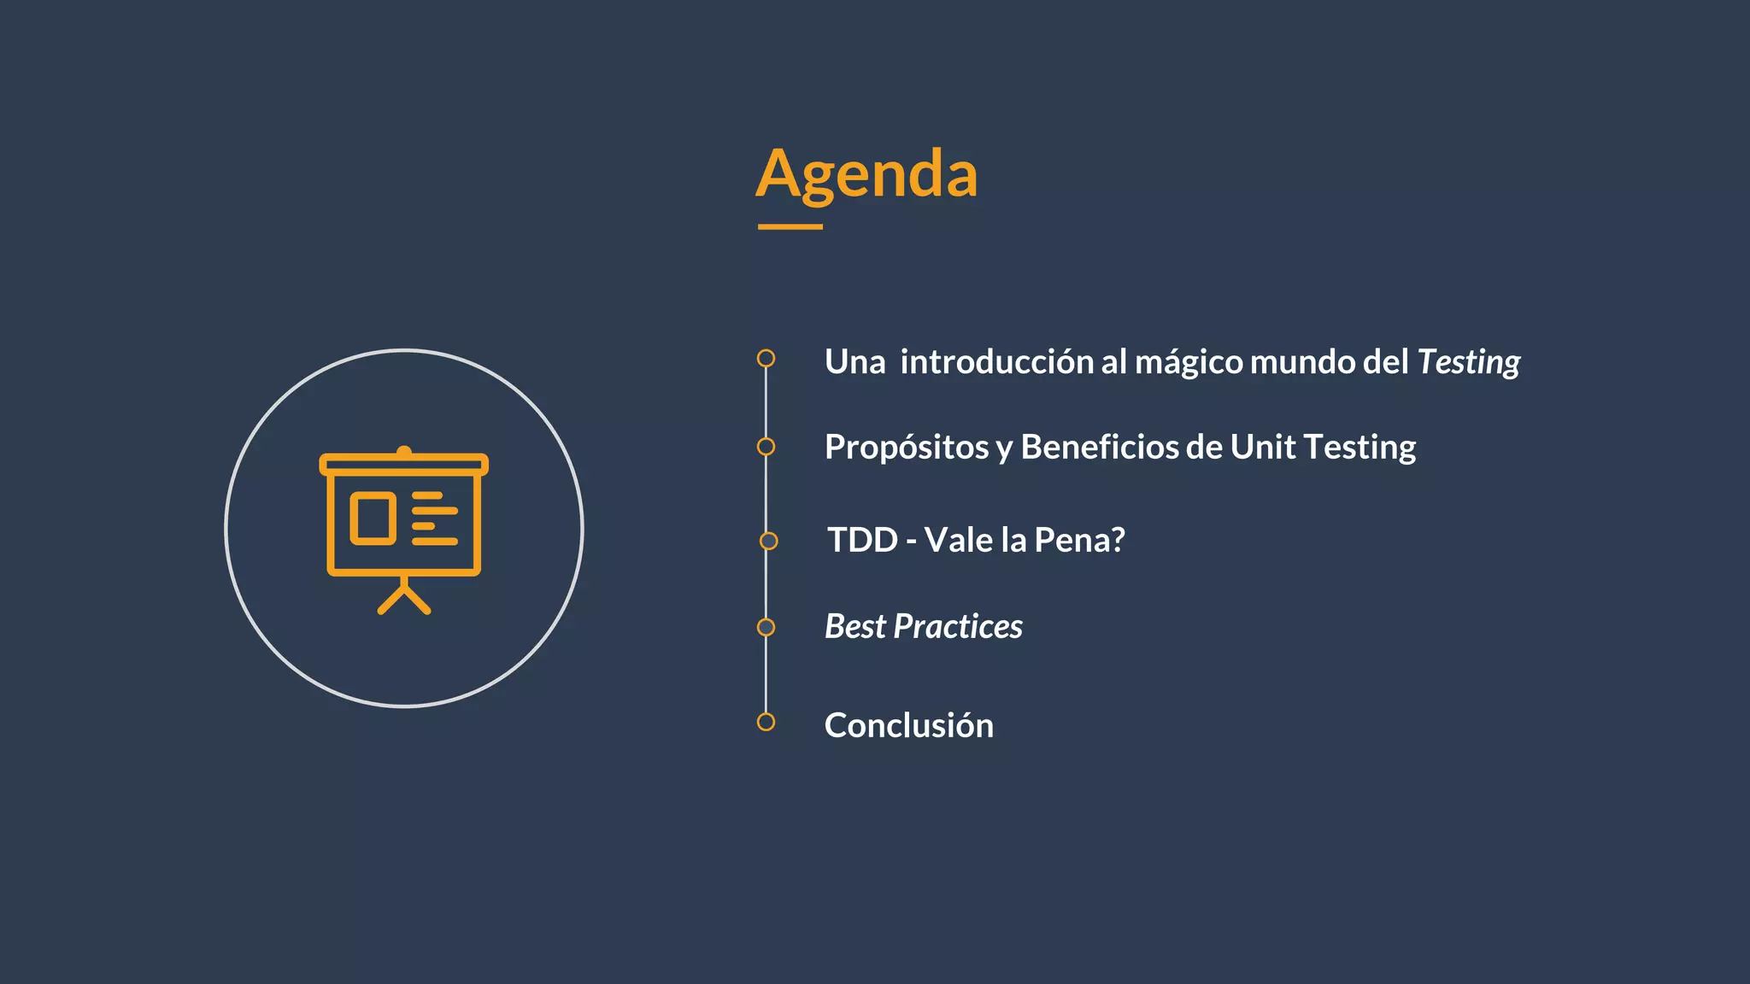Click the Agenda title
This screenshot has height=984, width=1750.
(866, 174)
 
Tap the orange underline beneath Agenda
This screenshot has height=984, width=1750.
(790, 227)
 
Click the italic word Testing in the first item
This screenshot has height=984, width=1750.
(1468, 362)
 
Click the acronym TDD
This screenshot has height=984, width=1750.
(862, 540)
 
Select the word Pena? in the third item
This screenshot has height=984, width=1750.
(1079, 540)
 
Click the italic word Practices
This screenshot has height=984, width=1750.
(957, 627)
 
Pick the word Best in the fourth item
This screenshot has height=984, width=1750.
(854, 627)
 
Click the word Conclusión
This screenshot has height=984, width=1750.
(908, 725)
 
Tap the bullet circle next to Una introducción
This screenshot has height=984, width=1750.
(766, 358)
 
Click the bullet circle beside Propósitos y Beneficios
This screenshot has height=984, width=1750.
(766, 447)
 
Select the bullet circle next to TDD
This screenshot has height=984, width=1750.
(768, 541)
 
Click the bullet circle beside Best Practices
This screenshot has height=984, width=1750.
(766, 628)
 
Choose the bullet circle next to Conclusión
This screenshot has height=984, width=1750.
(766, 722)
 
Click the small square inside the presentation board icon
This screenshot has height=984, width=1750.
(373, 518)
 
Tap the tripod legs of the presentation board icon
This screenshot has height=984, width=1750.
(403, 599)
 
